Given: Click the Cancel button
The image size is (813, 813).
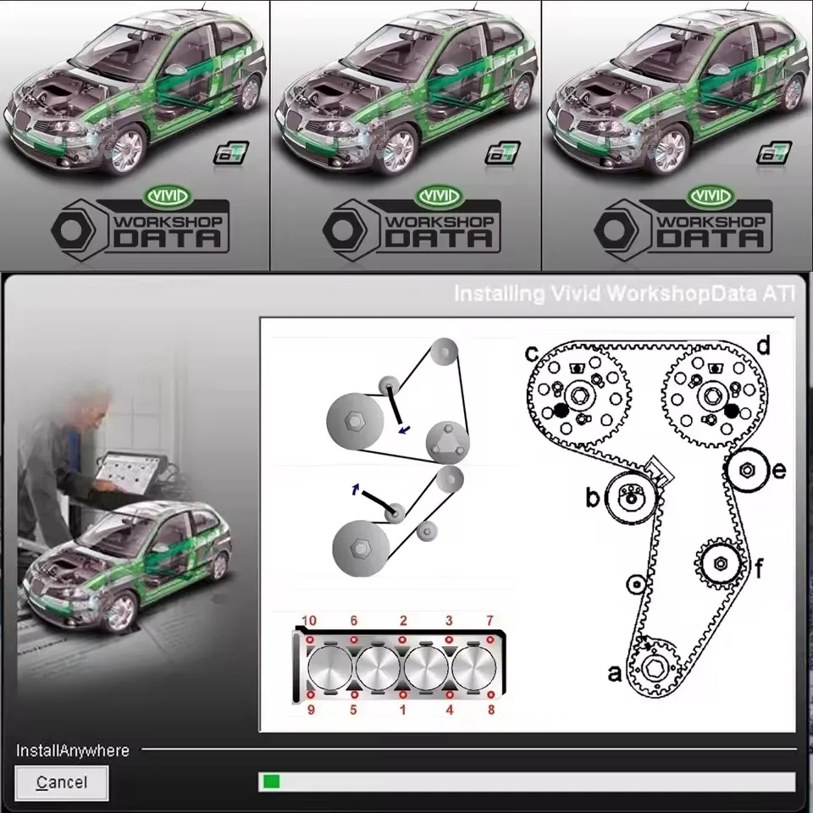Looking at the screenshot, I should (x=61, y=783).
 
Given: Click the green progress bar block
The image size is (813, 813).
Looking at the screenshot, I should (x=271, y=781).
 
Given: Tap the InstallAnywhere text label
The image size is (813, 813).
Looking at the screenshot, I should (x=73, y=750).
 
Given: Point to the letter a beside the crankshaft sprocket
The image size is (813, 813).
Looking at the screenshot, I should (x=614, y=673).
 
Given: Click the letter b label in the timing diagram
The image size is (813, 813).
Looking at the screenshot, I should (x=593, y=498).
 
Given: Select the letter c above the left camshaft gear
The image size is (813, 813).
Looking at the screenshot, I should (x=532, y=350).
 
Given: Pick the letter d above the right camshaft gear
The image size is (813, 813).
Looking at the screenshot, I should (x=763, y=346).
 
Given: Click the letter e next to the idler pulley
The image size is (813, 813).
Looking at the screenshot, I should (x=779, y=470).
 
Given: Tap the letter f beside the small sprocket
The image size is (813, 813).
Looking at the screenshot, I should (x=759, y=567).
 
